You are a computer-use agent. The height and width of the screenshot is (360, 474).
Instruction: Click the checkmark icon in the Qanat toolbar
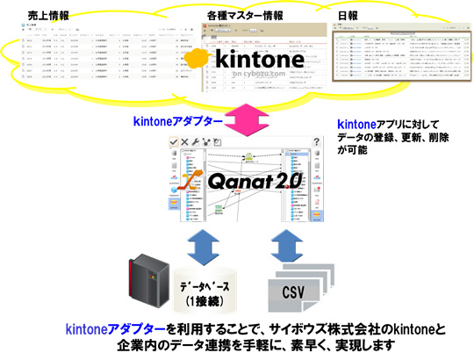click(175, 142)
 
